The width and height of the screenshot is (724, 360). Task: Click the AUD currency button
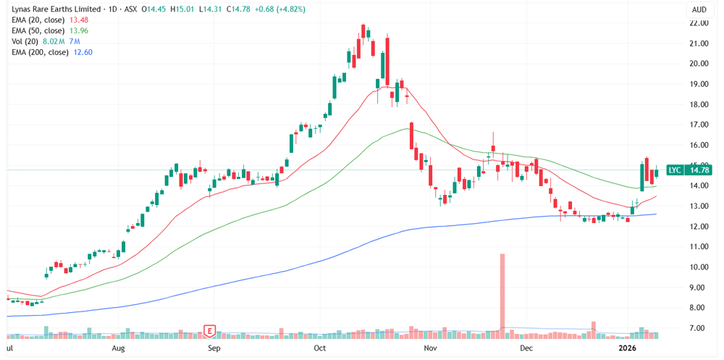click(699, 9)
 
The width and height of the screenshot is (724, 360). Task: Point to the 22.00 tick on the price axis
click(699, 23)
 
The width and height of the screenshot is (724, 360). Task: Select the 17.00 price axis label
click(699, 125)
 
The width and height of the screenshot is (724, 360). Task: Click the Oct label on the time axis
click(321, 348)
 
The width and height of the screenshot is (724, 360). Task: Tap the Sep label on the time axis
click(214, 348)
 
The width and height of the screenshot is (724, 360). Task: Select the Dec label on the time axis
click(527, 348)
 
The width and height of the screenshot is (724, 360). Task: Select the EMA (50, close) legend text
click(38, 30)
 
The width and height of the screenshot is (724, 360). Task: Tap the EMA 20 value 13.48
click(77, 20)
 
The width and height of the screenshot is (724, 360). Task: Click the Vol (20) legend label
click(28, 41)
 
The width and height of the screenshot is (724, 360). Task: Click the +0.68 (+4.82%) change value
click(278, 9)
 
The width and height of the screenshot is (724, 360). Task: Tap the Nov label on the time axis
click(431, 348)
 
